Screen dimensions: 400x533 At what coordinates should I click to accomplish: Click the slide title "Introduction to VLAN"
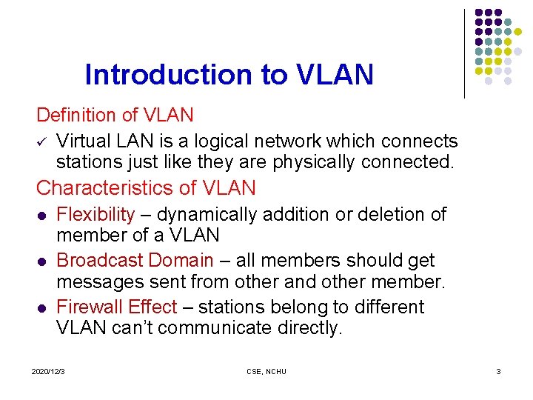pos(229,75)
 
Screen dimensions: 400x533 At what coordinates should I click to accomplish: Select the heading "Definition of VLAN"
pos(115,116)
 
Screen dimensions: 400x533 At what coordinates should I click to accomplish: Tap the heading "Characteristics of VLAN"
pos(146,188)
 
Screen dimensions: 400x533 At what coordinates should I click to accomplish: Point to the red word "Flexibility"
pos(95,215)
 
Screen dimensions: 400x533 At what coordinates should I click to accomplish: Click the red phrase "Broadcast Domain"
pos(135,261)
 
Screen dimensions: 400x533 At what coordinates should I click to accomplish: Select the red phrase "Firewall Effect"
pos(116,307)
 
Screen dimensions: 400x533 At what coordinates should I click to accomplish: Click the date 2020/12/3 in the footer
pos(48,371)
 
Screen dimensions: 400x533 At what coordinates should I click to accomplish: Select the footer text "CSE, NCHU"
pos(266,371)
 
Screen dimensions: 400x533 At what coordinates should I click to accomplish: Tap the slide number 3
pos(498,371)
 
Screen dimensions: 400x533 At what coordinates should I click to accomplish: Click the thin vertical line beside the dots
pos(464,53)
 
